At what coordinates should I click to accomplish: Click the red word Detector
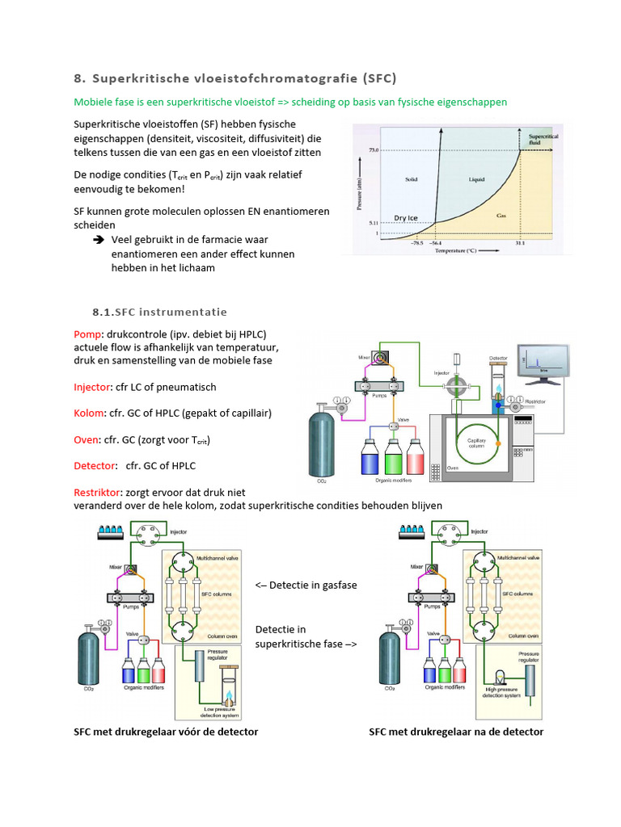tap(94, 465)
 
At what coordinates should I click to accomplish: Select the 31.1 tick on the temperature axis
tap(518, 242)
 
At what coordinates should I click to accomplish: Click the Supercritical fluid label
tap(539, 140)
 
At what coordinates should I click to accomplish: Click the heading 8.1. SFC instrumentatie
tap(159, 312)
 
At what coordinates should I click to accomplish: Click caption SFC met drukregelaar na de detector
tap(456, 732)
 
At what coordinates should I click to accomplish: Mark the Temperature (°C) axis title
tap(466, 251)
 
